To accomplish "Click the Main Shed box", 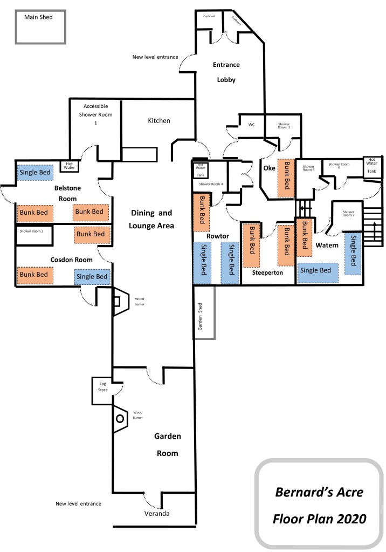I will coord(40,26).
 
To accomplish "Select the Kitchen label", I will coord(159,121).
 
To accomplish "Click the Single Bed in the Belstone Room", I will coord(36,173).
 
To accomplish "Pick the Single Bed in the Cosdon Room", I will coord(92,276).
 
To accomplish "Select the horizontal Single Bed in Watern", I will coord(318,271).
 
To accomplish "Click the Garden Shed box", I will coord(204,312).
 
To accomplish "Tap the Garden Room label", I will coord(167,445).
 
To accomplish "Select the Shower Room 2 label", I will coord(35,231).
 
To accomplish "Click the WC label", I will coord(251,125).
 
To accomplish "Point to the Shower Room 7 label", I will coord(349,215).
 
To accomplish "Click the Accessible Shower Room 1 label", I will coord(95,114).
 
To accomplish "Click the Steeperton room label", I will coord(268,274).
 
